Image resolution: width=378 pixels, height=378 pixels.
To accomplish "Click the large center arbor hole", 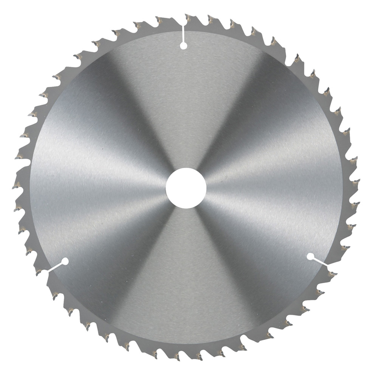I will pyautogui.click(x=186, y=188).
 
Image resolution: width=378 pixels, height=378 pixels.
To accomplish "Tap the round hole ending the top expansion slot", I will pyautogui.click(x=183, y=46).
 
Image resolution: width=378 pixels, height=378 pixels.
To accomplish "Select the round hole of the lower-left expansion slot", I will pyautogui.click(x=64, y=261).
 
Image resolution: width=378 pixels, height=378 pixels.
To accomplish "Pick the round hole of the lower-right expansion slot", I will pyautogui.click(x=310, y=256).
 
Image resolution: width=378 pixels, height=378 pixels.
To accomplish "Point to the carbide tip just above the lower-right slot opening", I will pyautogui.click(x=345, y=248).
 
